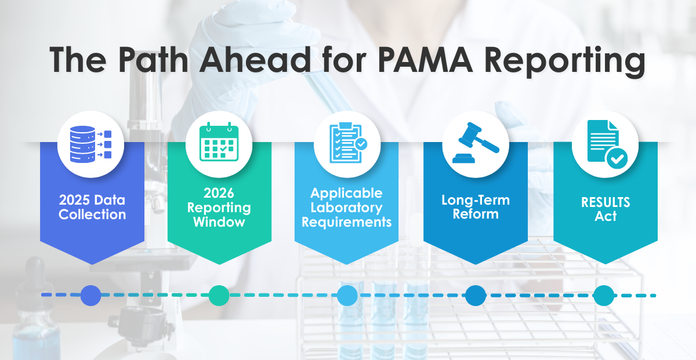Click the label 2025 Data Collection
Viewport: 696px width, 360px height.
(x=92, y=208)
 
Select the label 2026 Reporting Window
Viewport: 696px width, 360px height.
(x=219, y=208)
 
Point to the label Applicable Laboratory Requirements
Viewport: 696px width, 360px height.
(x=347, y=208)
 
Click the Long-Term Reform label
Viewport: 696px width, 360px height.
(x=475, y=208)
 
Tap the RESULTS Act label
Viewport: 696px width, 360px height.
(x=605, y=209)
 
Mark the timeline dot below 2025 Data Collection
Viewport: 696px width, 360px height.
(x=91, y=296)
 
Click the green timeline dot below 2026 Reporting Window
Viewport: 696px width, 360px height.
(x=219, y=296)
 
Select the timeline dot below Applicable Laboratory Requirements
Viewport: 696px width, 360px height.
(x=347, y=296)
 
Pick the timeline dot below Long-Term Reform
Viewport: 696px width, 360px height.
(x=475, y=296)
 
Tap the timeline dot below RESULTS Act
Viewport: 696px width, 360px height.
(x=603, y=296)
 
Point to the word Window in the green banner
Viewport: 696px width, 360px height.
(x=219, y=222)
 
